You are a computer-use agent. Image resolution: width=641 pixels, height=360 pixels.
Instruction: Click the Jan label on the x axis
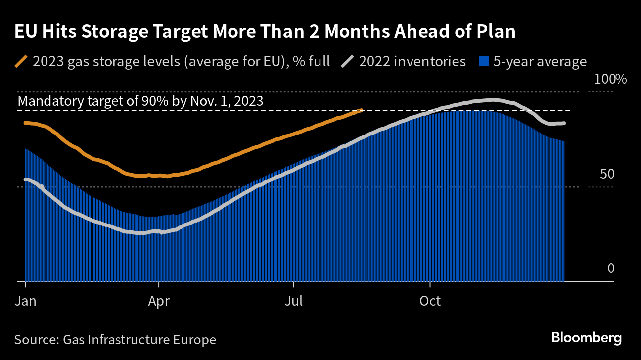pos(25,301)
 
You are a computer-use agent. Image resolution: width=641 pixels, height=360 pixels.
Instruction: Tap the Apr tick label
pos(158,301)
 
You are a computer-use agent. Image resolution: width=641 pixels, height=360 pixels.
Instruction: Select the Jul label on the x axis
pos(294,301)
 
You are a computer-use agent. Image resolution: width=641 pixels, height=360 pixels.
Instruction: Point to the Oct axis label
pos(430,301)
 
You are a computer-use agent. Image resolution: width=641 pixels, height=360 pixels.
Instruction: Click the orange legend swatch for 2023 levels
pos(21,62)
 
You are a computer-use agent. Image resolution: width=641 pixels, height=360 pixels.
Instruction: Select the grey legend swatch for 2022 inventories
pos(348,62)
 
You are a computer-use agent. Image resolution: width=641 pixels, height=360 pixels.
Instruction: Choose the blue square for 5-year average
pos(484,62)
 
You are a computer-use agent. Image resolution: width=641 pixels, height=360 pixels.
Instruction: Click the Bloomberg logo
pos(586,338)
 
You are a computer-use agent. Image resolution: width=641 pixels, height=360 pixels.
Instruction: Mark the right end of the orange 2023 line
pos(363,110)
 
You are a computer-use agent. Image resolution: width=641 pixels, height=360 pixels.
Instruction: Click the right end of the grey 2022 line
pos(564,123)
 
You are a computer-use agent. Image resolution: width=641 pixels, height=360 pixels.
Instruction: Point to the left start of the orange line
pos(25,122)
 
